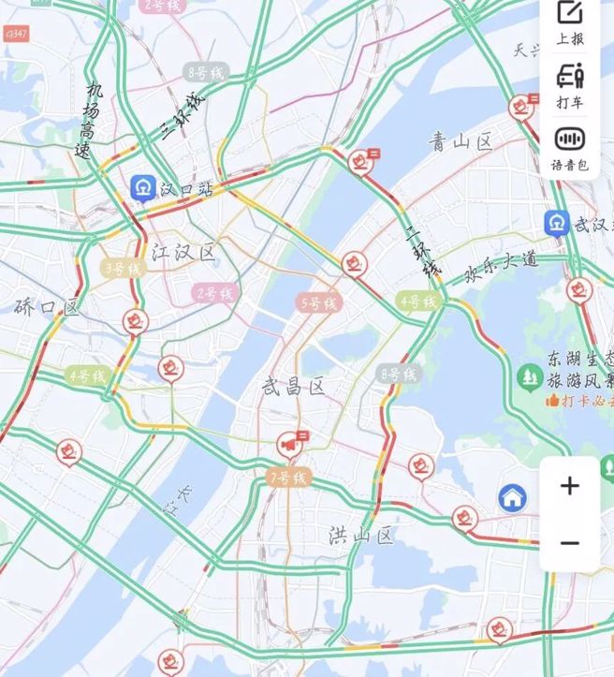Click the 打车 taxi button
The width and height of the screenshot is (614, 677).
(x=570, y=83)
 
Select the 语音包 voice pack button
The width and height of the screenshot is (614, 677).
(x=570, y=147)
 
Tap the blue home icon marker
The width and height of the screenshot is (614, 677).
(x=512, y=497)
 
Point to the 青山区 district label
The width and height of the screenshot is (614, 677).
(x=460, y=141)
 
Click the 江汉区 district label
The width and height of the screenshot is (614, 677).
(x=183, y=252)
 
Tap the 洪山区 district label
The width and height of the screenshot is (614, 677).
(x=361, y=535)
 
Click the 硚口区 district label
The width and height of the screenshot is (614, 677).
(x=47, y=306)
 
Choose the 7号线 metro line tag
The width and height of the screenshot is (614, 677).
(x=287, y=478)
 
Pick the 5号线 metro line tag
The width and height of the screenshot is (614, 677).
(x=316, y=302)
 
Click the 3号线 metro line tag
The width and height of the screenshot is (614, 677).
(x=123, y=269)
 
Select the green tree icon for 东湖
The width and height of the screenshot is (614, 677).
(x=530, y=377)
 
